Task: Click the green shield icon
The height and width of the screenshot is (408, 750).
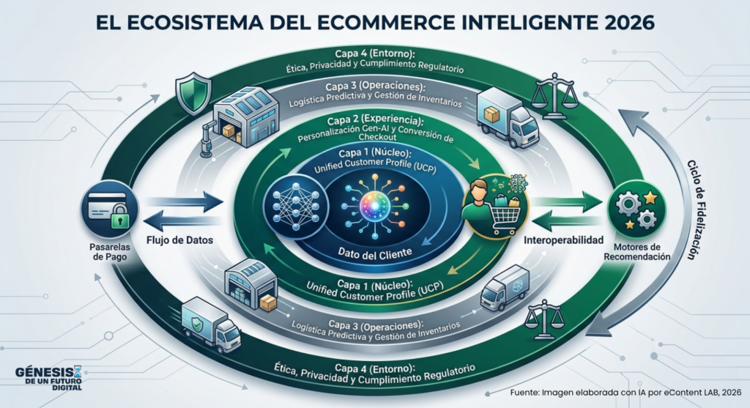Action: click(x=193, y=93)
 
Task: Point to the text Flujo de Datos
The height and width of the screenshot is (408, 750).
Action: click(x=179, y=240)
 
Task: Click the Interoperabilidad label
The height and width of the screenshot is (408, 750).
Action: click(x=563, y=240)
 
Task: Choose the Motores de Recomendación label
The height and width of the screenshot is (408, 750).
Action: click(x=636, y=251)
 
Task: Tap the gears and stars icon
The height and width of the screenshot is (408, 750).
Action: click(x=636, y=209)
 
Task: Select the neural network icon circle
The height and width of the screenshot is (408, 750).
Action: click(x=296, y=207)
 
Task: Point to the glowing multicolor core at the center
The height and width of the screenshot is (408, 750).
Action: click(x=374, y=206)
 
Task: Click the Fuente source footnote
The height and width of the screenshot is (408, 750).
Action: click(x=625, y=393)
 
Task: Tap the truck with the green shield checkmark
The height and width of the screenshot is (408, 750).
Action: click(x=211, y=324)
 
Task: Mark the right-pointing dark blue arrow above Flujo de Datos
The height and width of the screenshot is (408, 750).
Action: click(x=183, y=201)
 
